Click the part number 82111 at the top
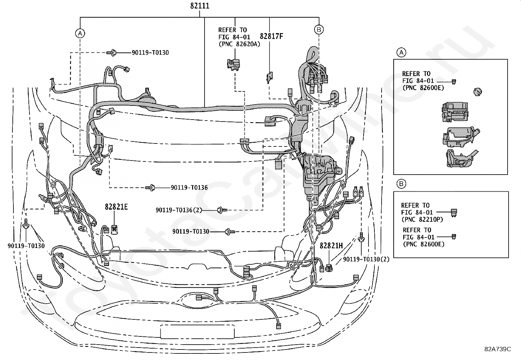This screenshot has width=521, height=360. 200,6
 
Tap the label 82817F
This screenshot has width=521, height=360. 271,36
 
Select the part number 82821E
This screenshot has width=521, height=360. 116,207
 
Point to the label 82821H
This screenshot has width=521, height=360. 331,246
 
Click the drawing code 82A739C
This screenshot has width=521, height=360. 498,349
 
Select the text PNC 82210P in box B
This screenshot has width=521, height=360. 422,219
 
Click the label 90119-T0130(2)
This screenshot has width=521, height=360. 366,259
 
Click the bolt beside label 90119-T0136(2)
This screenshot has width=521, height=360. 222,210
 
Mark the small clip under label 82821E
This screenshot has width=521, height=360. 114,229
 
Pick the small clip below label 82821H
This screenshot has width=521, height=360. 329,268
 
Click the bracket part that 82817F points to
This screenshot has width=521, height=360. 270,77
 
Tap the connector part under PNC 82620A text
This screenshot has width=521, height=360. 234,65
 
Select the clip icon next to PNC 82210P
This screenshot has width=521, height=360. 454,213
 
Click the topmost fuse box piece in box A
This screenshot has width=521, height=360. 455,112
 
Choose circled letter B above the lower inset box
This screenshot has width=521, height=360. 401,184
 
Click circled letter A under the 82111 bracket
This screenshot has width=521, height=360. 80,33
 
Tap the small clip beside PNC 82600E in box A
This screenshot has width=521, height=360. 454,82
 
